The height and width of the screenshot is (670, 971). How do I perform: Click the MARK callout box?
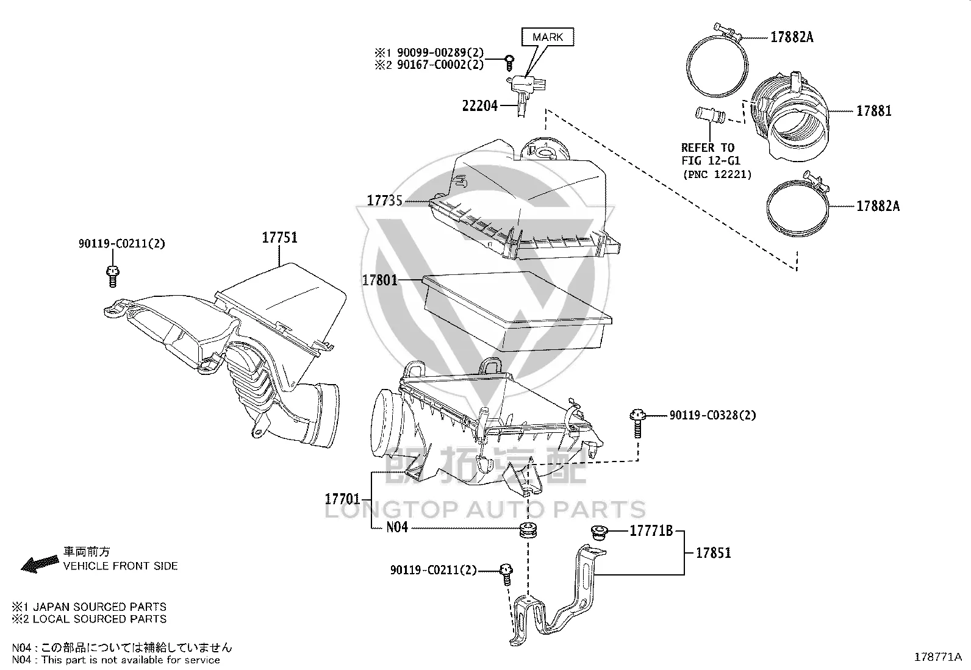click(548, 37)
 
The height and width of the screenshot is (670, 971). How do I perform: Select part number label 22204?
click(480, 105)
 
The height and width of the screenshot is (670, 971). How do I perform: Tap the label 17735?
click(384, 201)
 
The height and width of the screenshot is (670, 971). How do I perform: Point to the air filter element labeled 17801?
click(517, 311)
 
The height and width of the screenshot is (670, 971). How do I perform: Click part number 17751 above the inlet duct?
click(279, 238)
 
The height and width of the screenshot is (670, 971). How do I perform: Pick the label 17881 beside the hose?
click(874, 111)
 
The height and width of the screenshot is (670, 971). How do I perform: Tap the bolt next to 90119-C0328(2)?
click(637, 422)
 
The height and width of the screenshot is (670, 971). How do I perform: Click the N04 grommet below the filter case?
click(528, 530)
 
